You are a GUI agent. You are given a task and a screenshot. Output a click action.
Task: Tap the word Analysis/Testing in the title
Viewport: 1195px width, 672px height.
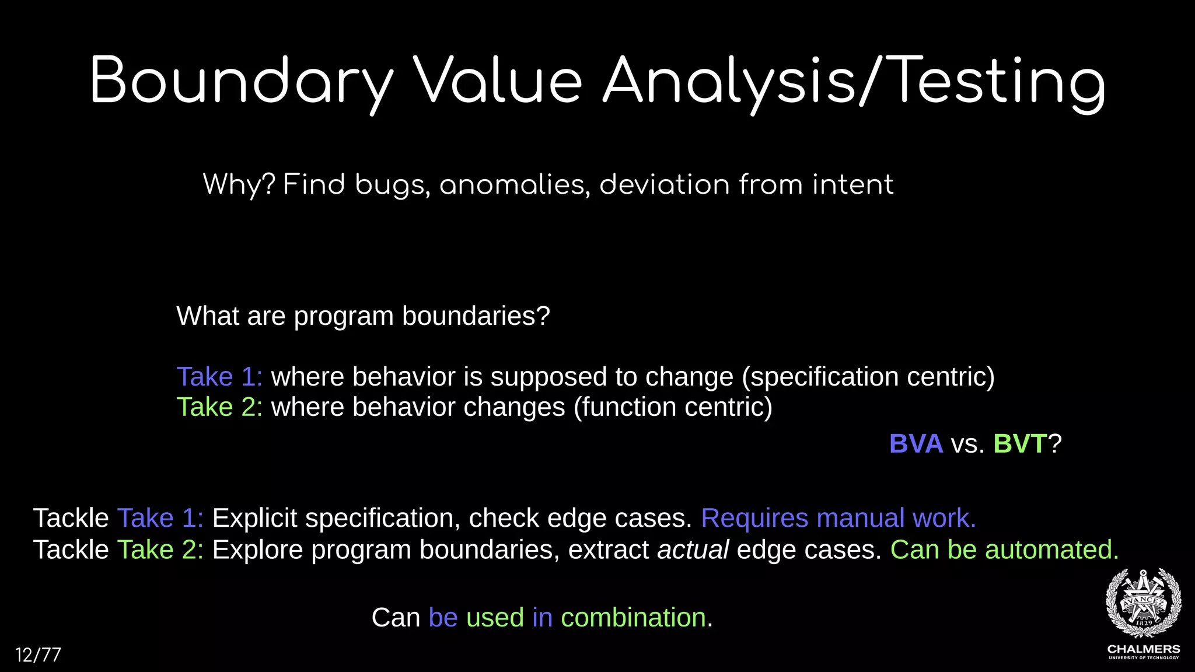(x=853, y=82)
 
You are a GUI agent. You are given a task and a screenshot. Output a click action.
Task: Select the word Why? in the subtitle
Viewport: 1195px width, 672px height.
(x=238, y=185)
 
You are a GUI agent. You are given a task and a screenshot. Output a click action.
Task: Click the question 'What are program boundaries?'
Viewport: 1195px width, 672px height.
(x=363, y=316)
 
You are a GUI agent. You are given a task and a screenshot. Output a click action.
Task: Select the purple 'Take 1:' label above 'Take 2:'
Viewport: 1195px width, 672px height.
(x=219, y=377)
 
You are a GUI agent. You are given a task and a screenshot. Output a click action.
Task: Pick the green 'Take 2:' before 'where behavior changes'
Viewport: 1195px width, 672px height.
(x=219, y=407)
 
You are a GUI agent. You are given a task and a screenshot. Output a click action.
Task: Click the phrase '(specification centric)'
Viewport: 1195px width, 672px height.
(x=868, y=377)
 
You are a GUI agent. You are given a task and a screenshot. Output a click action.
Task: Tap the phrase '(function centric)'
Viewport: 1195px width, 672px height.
(x=673, y=407)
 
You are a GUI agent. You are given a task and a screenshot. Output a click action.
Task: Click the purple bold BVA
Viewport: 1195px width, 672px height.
(x=916, y=444)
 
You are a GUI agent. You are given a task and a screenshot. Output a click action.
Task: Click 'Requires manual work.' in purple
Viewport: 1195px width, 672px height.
(x=838, y=518)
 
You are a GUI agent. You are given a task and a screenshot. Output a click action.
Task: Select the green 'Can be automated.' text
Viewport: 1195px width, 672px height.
(x=1004, y=549)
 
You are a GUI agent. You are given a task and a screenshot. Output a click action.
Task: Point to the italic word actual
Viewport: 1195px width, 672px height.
(x=693, y=549)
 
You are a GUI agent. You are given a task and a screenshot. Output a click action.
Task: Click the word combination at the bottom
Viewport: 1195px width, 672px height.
(x=633, y=617)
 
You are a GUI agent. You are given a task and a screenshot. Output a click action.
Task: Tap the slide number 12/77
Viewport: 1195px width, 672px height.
(x=38, y=654)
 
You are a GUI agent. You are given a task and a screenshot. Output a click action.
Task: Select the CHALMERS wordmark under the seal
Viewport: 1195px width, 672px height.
(x=1143, y=649)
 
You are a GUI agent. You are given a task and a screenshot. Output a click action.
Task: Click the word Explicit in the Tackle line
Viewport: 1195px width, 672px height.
(x=254, y=518)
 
